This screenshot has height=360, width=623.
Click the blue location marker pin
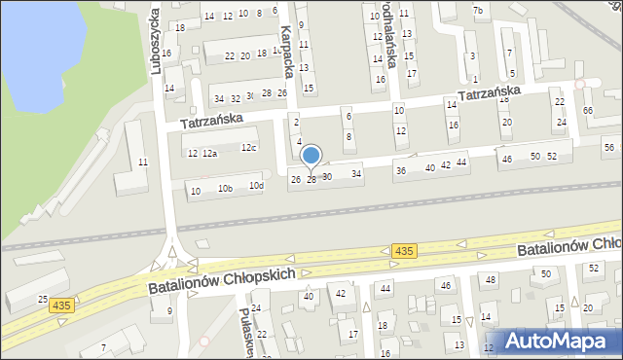(x=311, y=156)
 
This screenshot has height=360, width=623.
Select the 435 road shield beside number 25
(x=60, y=305)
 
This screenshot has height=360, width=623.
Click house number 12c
(x=249, y=148)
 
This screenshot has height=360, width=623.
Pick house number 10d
(x=256, y=186)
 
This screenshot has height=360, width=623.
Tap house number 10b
(x=225, y=189)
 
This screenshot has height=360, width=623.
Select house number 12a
(x=209, y=154)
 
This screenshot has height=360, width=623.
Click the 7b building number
(x=477, y=11)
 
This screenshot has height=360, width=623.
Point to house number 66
(x=587, y=111)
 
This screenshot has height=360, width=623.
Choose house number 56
(x=608, y=147)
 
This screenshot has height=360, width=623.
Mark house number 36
(x=400, y=171)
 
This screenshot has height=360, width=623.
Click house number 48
(x=491, y=280)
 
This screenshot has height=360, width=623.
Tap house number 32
(x=235, y=98)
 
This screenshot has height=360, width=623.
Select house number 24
(x=561, y=123)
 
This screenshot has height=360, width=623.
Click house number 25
(x=42, y=298)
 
